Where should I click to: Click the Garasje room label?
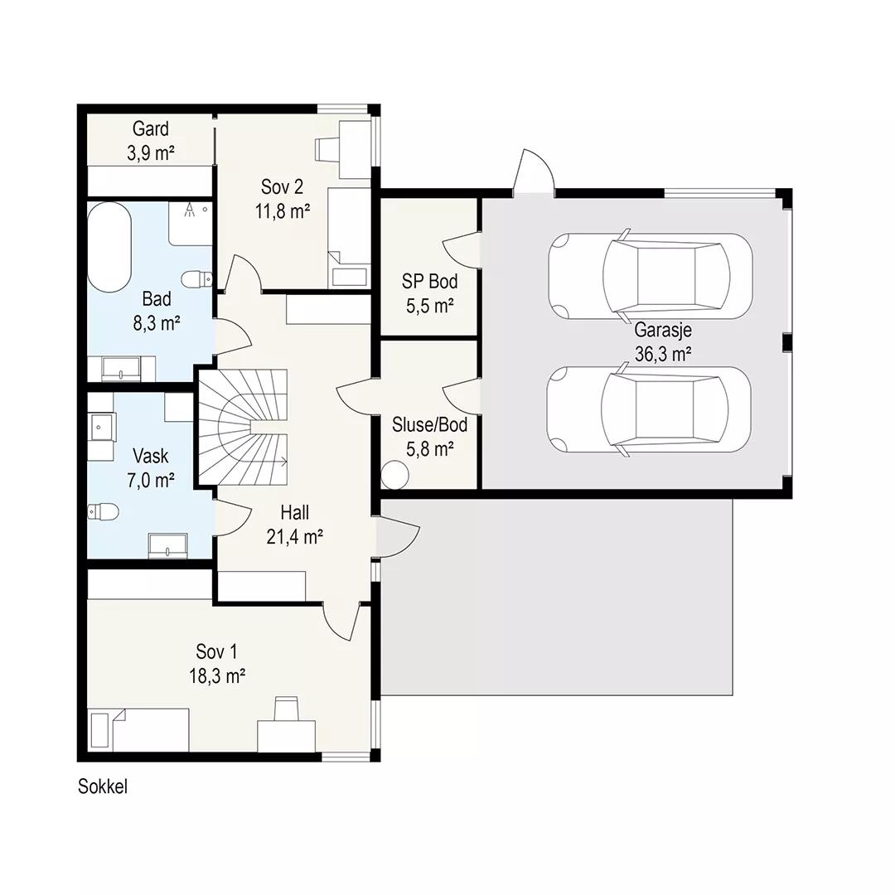click(x=663, y=330)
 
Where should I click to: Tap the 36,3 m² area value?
click(x=663, y=354)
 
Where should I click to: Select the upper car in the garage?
click(x=651, y=276)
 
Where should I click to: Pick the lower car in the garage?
click(x=649, y=409)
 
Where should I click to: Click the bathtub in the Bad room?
click(x=109, y=247)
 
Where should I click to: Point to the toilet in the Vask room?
click(x=104, y=511)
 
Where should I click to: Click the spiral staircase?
click(x=243, y=428)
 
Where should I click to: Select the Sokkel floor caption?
click(x=103, y=786)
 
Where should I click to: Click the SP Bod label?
click(x=430, y=282)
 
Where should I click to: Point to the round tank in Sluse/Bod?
click(x=394, y=475)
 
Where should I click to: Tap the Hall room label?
click(x=295, y=513)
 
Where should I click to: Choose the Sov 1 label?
click(x=216, y=651)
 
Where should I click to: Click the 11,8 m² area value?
click(x=283, y=211)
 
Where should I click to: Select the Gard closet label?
click(x=151, y=129)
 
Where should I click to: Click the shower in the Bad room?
click(x=191, y=223)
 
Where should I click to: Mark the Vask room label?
click(x=151, y=456)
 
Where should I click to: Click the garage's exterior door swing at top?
click(x=535, y=172)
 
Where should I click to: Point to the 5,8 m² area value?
click(x=430, y=450)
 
